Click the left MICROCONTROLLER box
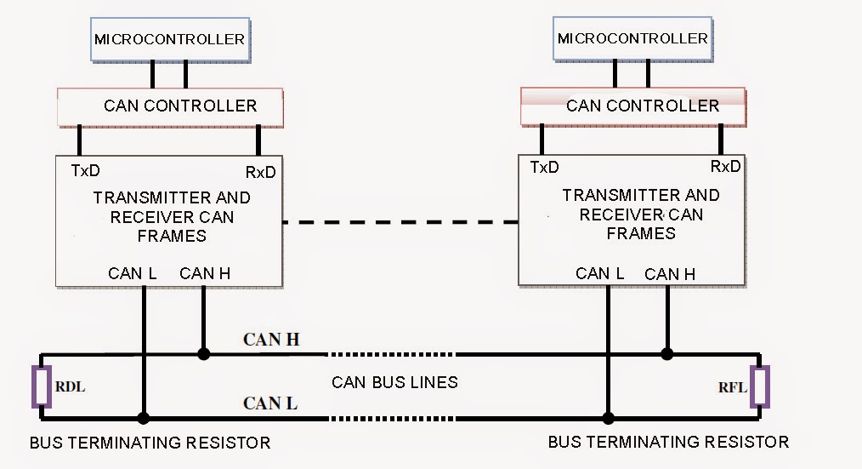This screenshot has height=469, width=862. click(x=169, y=39)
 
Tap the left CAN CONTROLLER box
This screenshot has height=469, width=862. click(x=169, y=106)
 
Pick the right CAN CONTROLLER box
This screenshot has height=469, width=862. click(x=633, y=106)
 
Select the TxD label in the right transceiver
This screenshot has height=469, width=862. click(x=544, y=167)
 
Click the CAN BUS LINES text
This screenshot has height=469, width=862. click(x=394, y=382)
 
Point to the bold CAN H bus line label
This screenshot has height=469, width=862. click(x=271, y=340)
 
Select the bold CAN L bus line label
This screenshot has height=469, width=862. click(x=270, y=403)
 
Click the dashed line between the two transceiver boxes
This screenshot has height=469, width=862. click(x=400, y=222)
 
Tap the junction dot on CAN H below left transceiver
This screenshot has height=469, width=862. click(x=203, y=353)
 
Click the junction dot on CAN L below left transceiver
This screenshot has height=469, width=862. click(x=144, y=418)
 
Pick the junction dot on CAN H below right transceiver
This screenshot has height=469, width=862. click(x=667, y=353)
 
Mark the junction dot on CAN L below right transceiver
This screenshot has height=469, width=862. click(x=608, y=418)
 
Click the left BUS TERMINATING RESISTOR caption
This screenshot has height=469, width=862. click(x=150, y=443)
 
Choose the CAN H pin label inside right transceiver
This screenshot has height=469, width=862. click(x=670, y=274)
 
